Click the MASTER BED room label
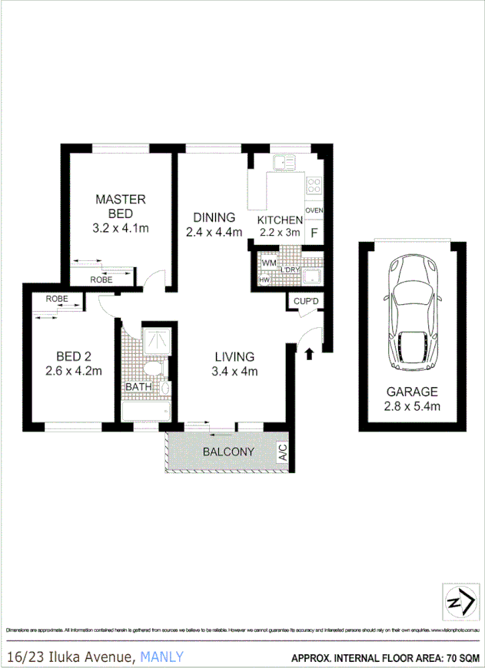pos(120,206)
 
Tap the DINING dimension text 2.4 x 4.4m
pos(214,231)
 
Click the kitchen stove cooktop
pos(314,185)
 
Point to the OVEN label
pos(314,210)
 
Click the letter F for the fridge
pos(314,232)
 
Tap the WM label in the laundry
pos(268,263)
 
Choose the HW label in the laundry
pos(265,280)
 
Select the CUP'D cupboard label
pos(306,302)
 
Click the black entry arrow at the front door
pos(309,353)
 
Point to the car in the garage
pos(412,311)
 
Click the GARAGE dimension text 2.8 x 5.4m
pos(412,406)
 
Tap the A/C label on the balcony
pos(282,451)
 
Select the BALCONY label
pos(228,452)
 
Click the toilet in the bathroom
pos(157,370)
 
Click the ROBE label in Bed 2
pos(57,299)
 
